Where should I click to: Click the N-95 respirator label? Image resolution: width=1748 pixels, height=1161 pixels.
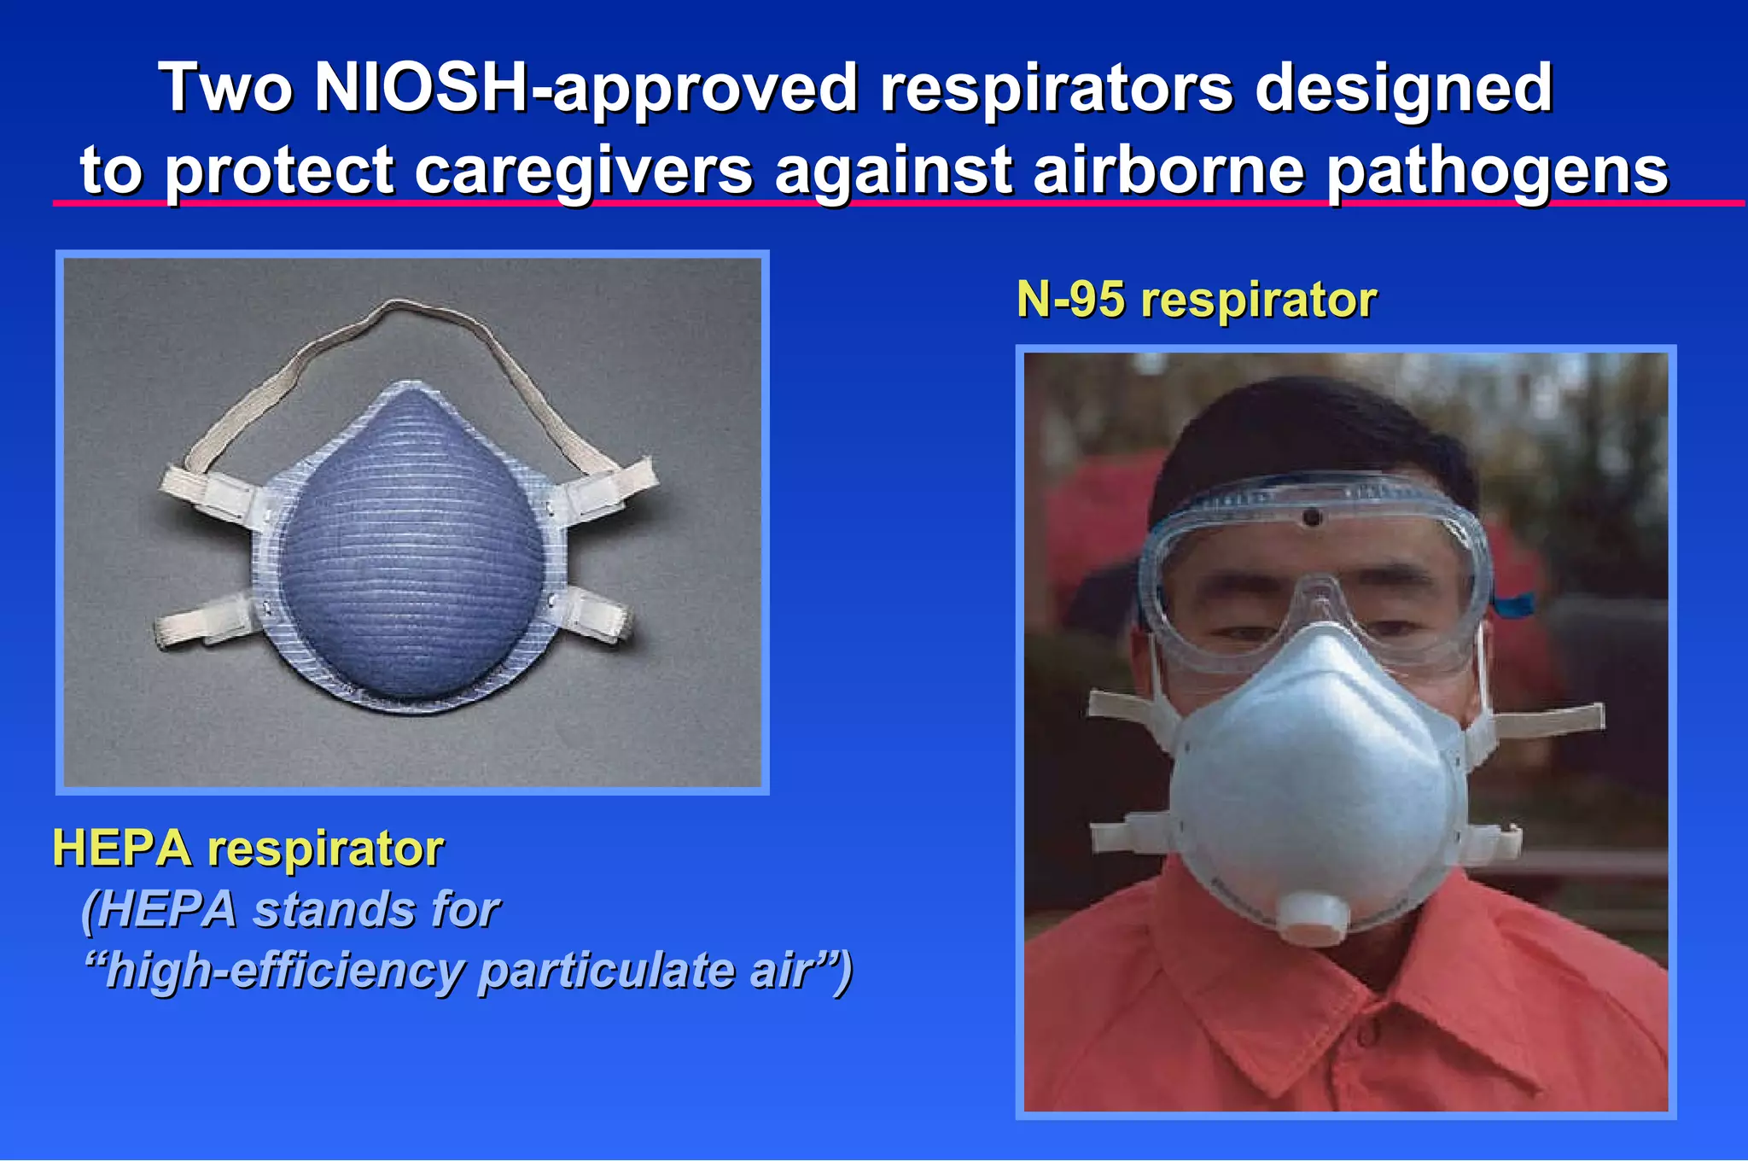[x=1197, y=300]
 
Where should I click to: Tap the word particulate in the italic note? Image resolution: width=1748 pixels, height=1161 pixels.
[x=605, y=971]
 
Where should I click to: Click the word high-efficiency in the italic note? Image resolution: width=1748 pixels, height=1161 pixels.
[x=282, y=971]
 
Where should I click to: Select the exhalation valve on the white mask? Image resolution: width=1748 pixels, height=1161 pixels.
[x=1314, y=917]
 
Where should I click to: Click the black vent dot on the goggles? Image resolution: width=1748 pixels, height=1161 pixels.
[x=1313, y=516]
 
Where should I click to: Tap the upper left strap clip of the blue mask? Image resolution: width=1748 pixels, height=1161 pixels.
[x=210, y=495]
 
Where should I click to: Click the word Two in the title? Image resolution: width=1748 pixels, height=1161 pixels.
[x=227, y=88]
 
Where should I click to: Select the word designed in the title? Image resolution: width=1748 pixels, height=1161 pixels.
[x=1403, y=88]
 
